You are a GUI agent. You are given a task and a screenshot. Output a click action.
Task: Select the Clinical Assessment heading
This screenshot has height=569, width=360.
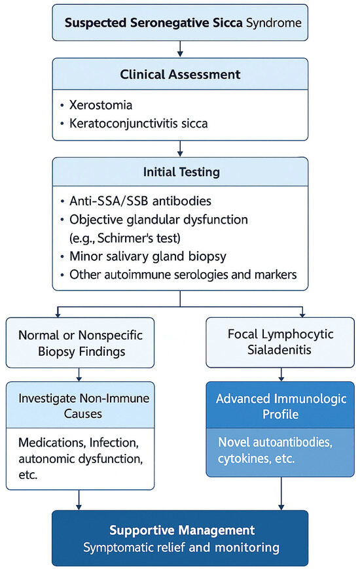pyautogui.click(x=180, y=74)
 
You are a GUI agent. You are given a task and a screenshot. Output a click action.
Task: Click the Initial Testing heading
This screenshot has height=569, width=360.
pyautogui.click(x=180, y=172)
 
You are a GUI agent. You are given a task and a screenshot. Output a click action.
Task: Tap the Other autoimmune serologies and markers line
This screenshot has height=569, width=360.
pyautogui.click(x=183, y=274)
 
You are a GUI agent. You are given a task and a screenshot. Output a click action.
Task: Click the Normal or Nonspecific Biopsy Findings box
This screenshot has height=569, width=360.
pyautogui.click(x=81, y=342)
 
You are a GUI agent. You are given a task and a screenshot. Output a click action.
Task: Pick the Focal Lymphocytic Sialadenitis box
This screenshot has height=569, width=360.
pyautogui.click(x=280, y=342)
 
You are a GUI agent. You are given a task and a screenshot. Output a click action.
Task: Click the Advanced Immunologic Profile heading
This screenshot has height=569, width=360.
pyautogui.click(x=280, y=405)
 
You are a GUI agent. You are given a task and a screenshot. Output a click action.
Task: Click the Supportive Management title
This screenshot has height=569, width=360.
pyautogui.click(x=180, y=528)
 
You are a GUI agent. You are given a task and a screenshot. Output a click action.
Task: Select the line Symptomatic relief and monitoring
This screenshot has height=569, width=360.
pyautogui.click(x=180, y=547)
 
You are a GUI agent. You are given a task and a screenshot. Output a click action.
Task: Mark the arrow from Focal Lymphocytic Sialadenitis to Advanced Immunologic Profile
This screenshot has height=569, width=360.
pyautogui.click(x=281, y=374)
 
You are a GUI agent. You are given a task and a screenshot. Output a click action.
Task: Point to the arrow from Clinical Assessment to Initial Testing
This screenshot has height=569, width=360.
pyautogui.click(x=180, y=148)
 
